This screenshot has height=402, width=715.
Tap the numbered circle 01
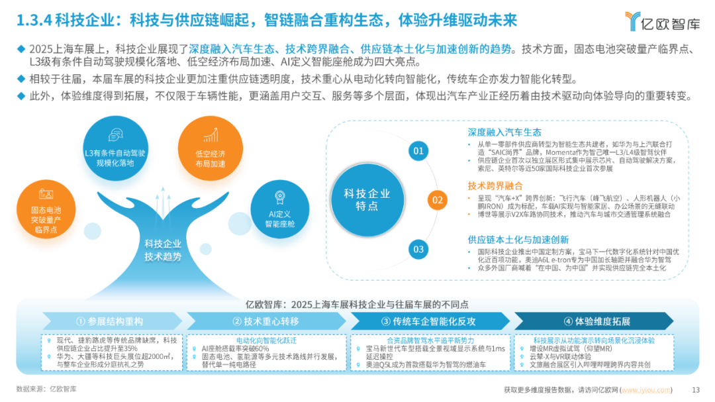pyautogui.click(x=418, y=151)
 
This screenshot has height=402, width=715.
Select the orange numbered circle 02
pyautogui.click(x=436, y=199)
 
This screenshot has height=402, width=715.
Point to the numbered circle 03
pyautogui.click(x=418, y=249)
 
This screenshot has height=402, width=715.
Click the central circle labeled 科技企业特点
pyautogui.click(x=367, y=199)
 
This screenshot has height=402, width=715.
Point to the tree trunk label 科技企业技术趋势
pyautogui.click(x=162, y=250)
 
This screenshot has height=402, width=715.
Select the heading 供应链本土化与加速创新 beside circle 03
pyautogui.click(x=518, y=239)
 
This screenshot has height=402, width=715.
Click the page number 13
pyautogui.click(x=695, y=389)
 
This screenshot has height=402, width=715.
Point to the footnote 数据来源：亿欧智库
pyautogui.click(x=46, y=389)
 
